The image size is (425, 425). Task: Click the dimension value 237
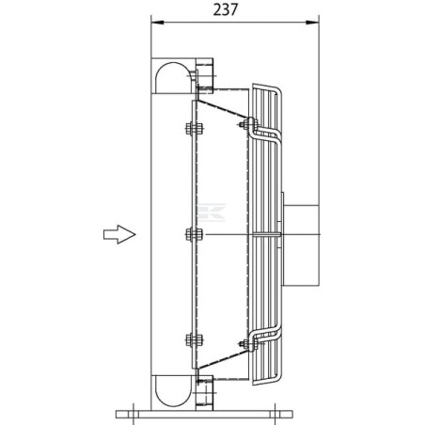[226, 9]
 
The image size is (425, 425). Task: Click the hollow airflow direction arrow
[119, 234]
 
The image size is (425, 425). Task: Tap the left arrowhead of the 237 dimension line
[158, 23]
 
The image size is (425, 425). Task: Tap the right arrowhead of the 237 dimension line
[312, 23]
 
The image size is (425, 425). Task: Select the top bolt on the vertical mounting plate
[195, 129]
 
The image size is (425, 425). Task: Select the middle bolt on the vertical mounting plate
[195, 234]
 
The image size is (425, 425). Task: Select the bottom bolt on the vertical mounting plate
[195, 340]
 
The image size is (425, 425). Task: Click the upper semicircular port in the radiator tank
[173, 77]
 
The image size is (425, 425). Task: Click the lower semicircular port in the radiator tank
[173, 391]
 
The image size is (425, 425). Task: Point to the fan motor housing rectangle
[302, 245]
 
